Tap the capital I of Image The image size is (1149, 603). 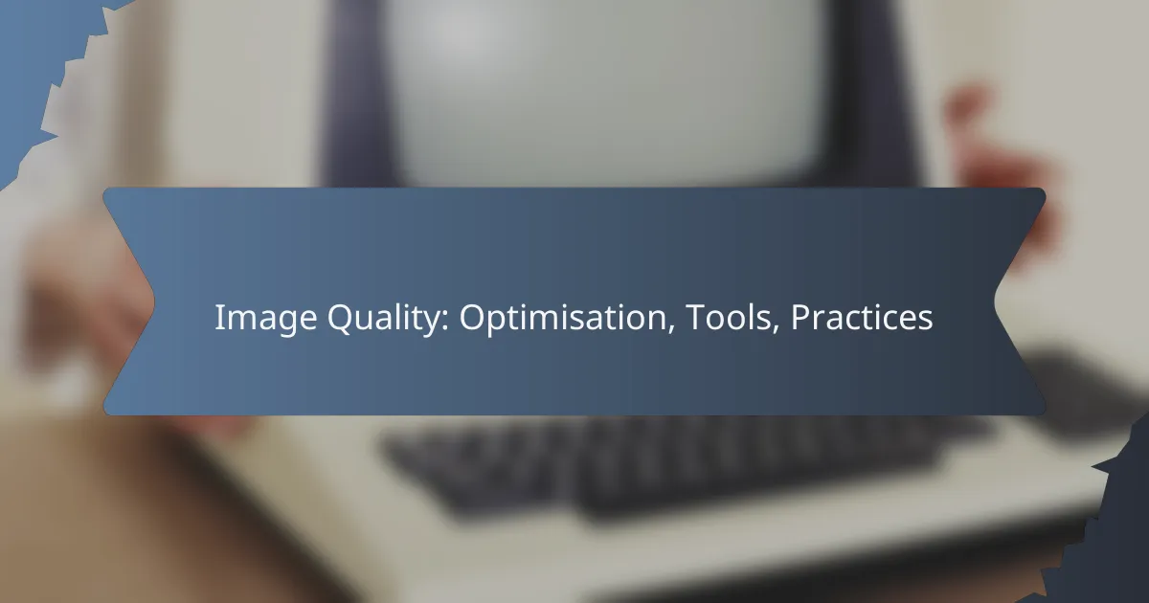(x=218, y=319)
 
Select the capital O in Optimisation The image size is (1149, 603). (x=472, y=319)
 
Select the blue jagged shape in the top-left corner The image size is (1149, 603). (x=38, y=57)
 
